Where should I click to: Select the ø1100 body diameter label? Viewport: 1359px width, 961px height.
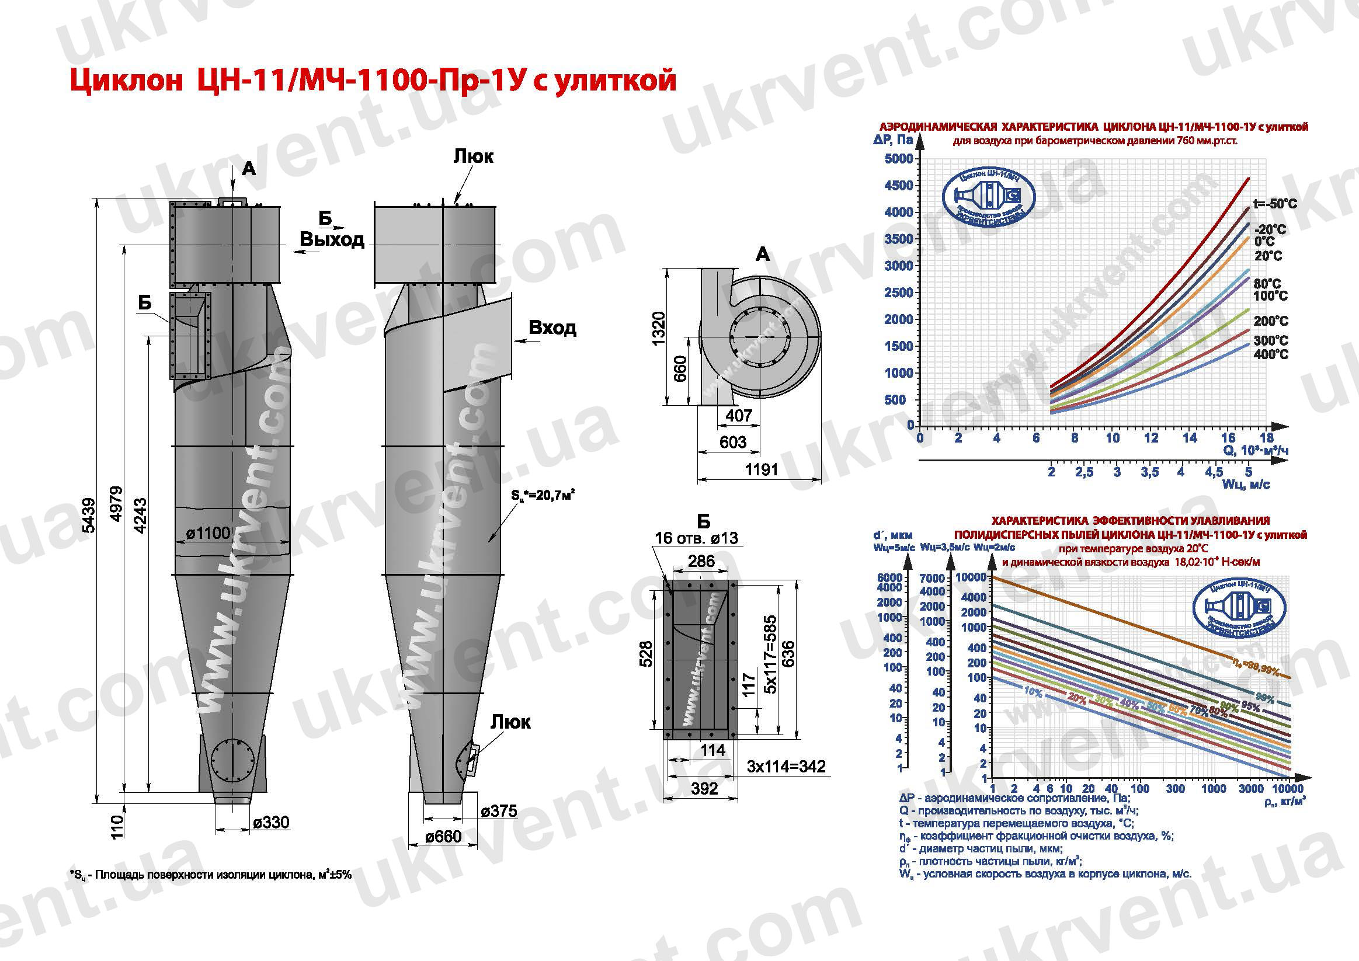[x=208, y=533]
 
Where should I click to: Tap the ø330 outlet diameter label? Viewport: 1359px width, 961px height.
[x=270, y=822]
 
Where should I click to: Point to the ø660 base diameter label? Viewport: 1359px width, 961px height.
[x=443, y=836]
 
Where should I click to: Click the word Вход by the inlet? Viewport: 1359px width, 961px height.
[x=552, y=328]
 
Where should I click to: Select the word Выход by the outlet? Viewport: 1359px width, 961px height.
[x=332, y=239]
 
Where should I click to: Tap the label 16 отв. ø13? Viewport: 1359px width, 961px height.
[x=696, y=538]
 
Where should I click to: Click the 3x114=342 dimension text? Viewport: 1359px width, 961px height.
[x=786, y=767]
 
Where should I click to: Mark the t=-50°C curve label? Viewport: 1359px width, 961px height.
[x=1275, y=204]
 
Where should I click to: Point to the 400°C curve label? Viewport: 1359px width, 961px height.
[x=1271, y=354]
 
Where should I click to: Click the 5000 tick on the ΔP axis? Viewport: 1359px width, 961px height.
[x=898, y=159]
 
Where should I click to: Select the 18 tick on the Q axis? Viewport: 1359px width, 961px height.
[x=1266, y=438]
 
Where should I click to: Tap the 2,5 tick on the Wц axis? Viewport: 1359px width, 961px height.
[x=1085, y=472]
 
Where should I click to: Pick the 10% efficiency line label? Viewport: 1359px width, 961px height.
[x=1033, y=692]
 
